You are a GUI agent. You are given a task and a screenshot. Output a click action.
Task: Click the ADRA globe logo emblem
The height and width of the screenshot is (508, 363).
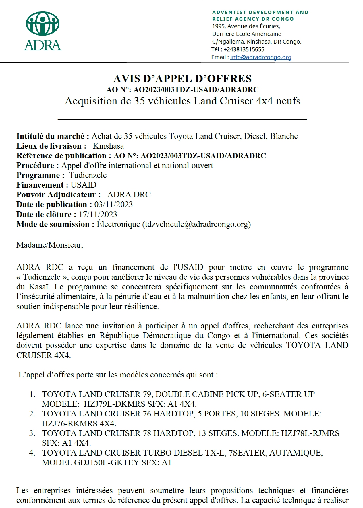click(x=43, y=24)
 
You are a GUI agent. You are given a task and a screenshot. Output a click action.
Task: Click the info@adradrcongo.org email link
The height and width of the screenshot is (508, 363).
click(x=261, y=57)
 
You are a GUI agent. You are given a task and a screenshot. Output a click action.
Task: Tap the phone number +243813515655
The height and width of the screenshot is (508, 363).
click(x=244, y=49)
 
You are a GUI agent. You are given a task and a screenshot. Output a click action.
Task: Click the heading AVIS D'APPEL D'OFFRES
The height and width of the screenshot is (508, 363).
click(x=182, y=79)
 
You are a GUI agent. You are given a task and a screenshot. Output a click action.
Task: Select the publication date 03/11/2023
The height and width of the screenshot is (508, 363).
click(x=113, y=205)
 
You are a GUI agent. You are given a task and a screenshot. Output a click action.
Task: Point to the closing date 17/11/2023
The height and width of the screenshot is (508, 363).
click(x=98, y=214)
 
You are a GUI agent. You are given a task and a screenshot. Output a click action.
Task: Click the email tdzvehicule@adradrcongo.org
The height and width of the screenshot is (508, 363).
click(x=196, y=224)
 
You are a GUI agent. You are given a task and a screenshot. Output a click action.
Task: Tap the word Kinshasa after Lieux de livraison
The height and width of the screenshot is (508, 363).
click(x=108, y=146)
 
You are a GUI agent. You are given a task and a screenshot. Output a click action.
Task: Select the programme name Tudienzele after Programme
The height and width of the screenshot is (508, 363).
click(x=88, y=175)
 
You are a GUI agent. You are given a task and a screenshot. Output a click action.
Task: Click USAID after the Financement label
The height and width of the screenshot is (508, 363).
click(x=84, y=185)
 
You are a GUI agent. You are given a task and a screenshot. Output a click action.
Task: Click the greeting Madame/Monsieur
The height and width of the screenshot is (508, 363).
click(x=49, y=245)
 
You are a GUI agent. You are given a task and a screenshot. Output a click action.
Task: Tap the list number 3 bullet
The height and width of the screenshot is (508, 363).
click(x=32, y=433)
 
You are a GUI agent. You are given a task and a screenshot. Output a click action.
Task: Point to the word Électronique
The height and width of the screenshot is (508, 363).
click(x=118, y=224)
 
